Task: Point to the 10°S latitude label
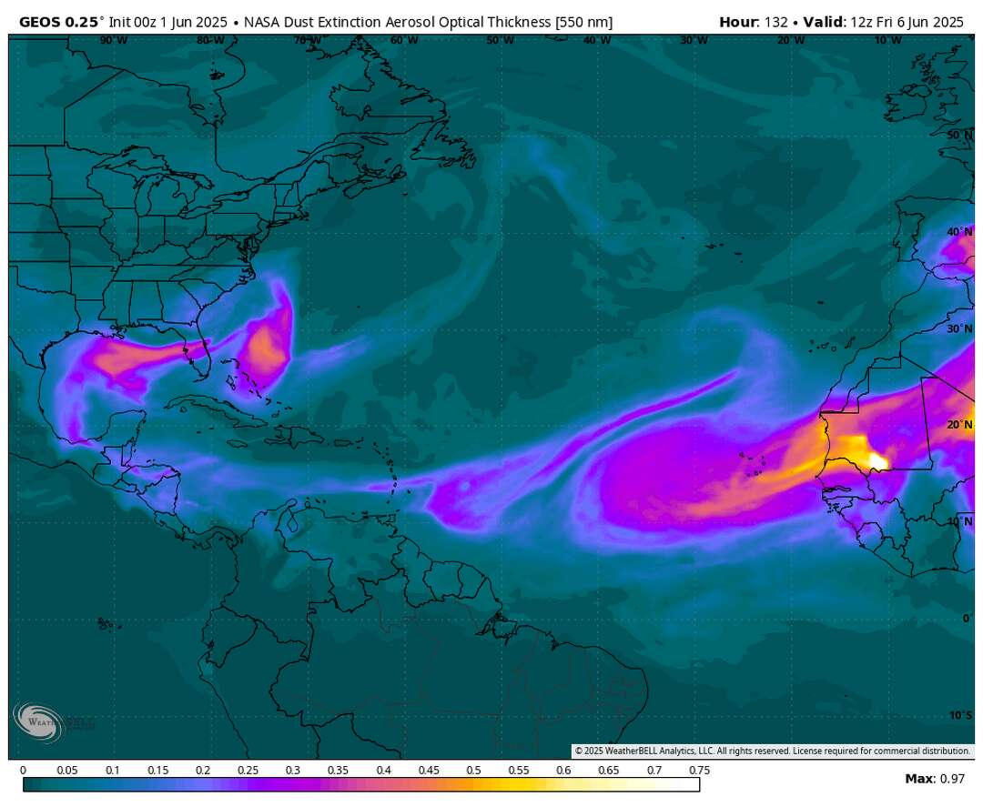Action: tap(959, 715)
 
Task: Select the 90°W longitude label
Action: tap(113, 41)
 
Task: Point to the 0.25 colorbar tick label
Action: tap(248, 771)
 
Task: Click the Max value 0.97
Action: tap(952, 779)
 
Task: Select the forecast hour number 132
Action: tap(776, 22)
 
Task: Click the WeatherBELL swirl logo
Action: tap(36, 721)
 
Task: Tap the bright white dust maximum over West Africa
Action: tap(877, 460)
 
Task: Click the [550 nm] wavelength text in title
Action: tap(583, 22)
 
